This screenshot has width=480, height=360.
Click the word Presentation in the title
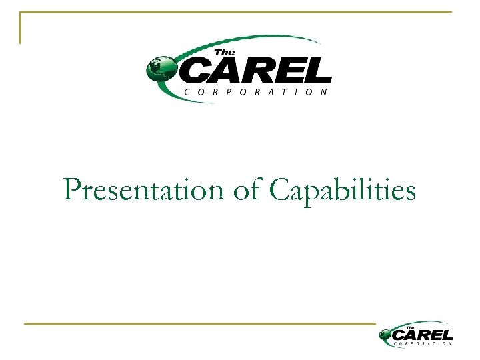144,190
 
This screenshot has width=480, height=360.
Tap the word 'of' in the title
248,190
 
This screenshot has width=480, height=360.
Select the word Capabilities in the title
343,191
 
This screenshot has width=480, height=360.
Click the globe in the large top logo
160,67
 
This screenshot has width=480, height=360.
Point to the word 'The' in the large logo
224,53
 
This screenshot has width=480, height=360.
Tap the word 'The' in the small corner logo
411,327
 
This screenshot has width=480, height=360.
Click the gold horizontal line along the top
233,12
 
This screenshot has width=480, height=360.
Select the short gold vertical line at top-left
20,28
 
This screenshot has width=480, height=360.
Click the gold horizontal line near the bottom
200,324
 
